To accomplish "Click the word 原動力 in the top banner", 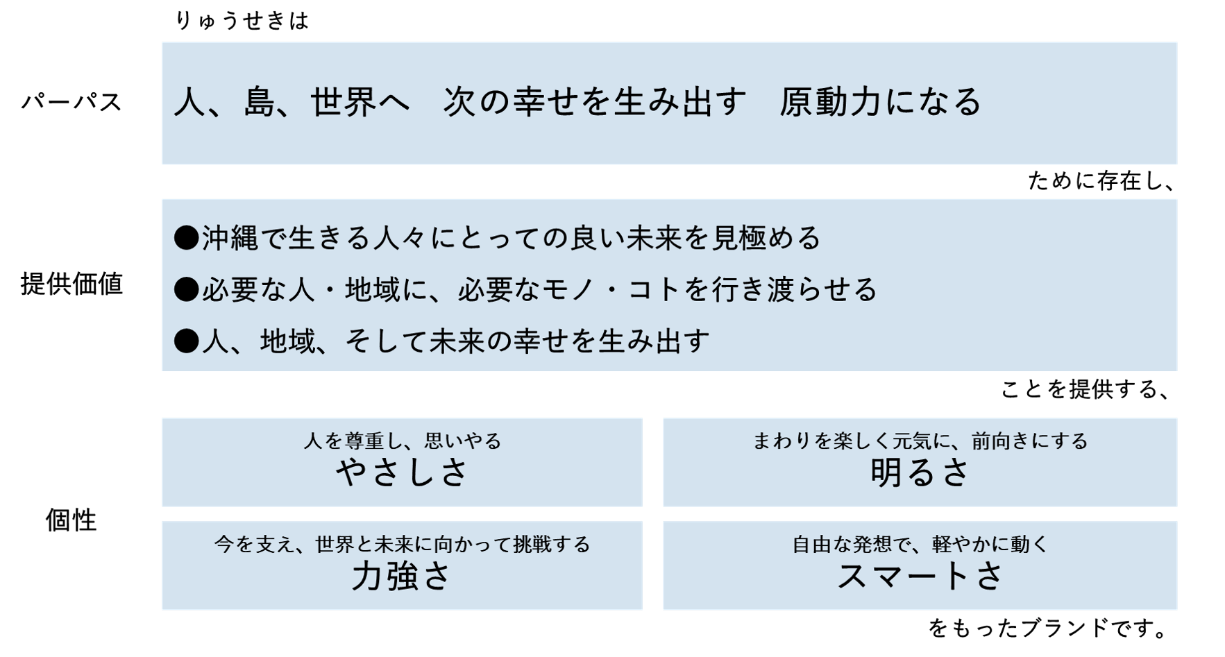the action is pos(829,102).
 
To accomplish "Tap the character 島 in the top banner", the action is pos(260,102).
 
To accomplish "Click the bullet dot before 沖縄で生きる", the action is pos(186,238).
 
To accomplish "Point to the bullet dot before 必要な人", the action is pos(186,289).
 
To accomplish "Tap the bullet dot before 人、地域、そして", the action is pos(186,341).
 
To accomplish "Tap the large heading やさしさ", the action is pos(403,473).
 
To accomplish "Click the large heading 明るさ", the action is pos(920,473).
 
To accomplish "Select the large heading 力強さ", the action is pos(402,577).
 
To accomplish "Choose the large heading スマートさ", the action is pos(920,577).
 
